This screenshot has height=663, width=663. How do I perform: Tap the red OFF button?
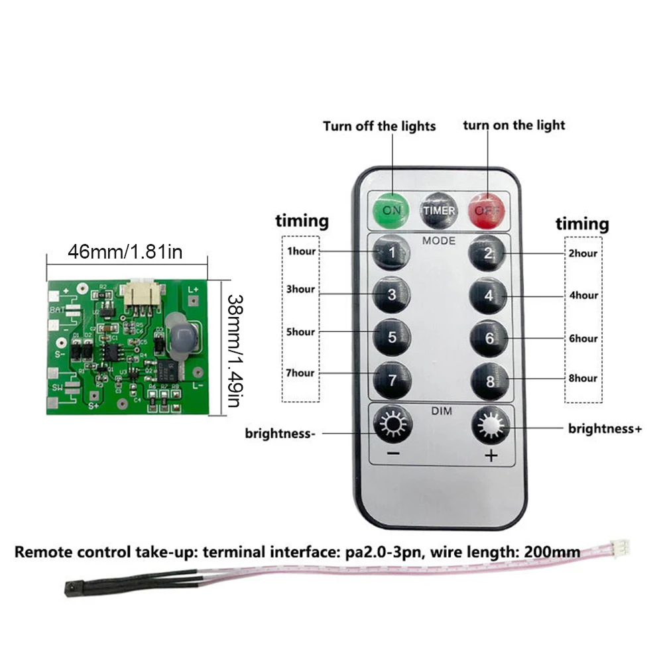[x=488, y=210]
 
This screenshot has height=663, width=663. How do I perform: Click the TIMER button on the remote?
[x=440, y=210]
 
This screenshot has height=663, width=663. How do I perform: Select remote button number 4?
[x=489, y=296]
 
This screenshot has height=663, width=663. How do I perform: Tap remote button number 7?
[x=392, y=380]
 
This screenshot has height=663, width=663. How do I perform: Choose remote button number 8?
[x=489, y=381]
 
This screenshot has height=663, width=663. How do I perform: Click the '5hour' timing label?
[x=300, y=331]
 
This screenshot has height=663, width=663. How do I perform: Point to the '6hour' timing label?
[x=583, y=338]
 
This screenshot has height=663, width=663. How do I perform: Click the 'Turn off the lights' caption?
[x=379, y=125]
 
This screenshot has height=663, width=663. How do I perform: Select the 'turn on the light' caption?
[x=514, y=125]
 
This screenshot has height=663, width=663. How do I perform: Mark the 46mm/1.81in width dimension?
[x=125, y=252]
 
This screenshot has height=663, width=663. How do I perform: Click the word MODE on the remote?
[x=439, y=241]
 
